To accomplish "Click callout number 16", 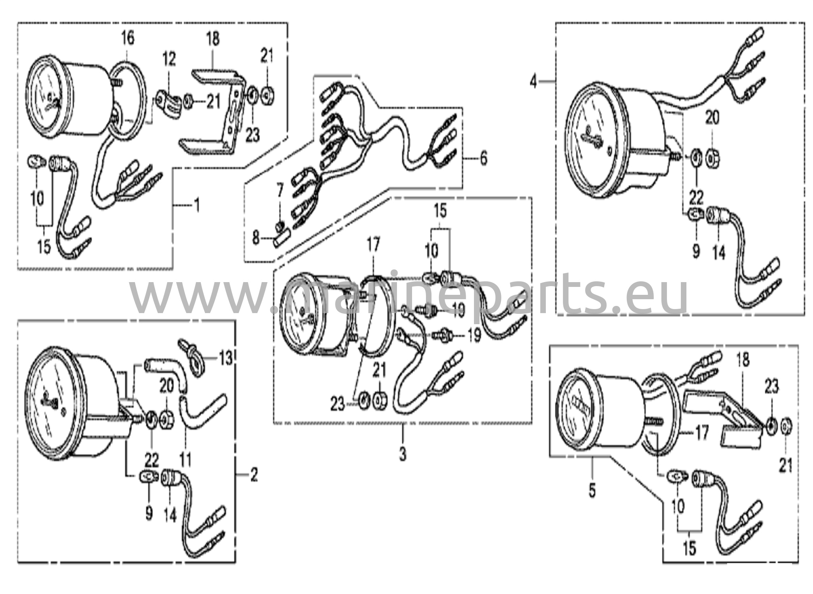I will tap(127, 38).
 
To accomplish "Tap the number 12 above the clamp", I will tap(169, 60).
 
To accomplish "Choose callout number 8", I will tap(256, 238).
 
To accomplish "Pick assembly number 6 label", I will tap(483, 159).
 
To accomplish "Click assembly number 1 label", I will tap(196, 206).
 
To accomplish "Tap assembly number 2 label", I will tap(254, 474).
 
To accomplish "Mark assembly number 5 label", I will tap(592, 491).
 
